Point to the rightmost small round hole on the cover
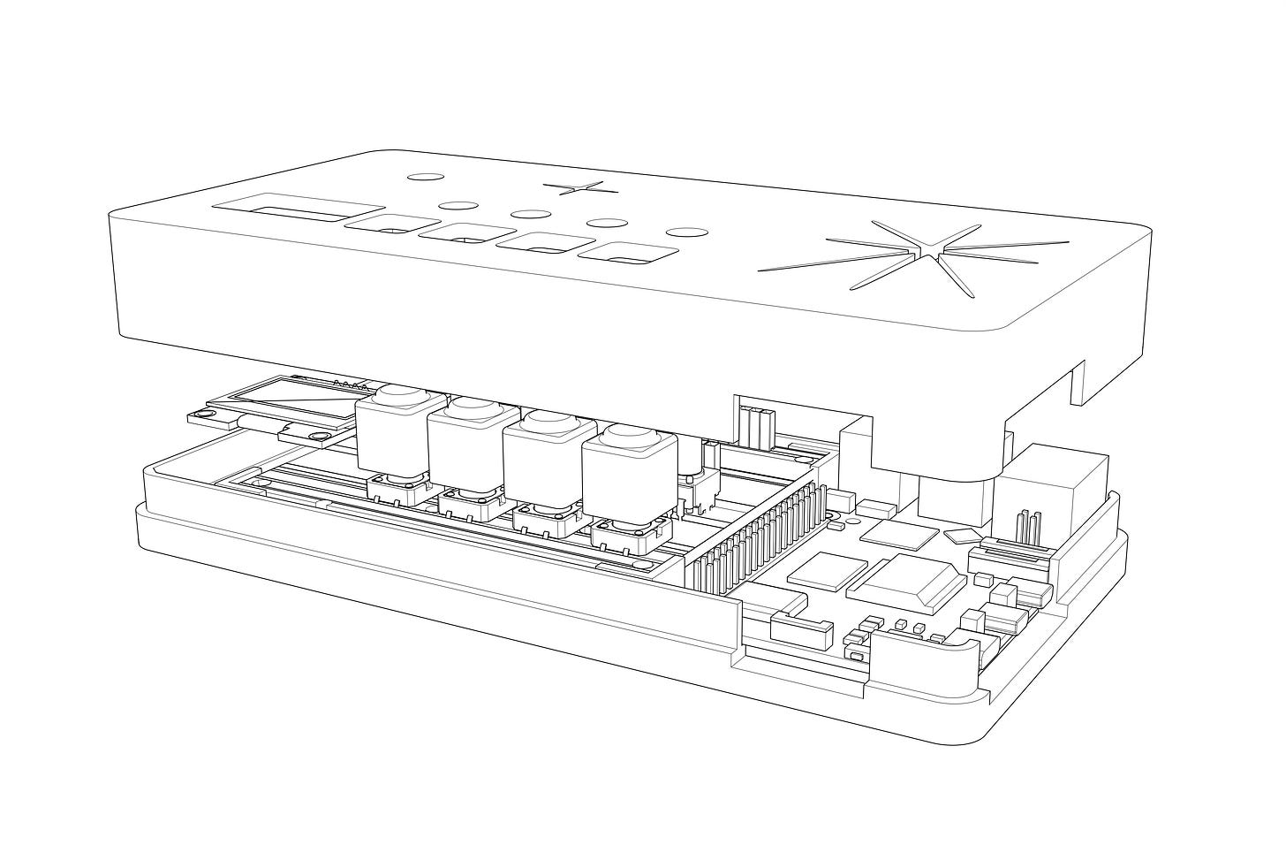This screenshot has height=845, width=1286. coord(686,232)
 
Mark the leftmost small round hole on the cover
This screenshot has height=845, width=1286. coord(424,176)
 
